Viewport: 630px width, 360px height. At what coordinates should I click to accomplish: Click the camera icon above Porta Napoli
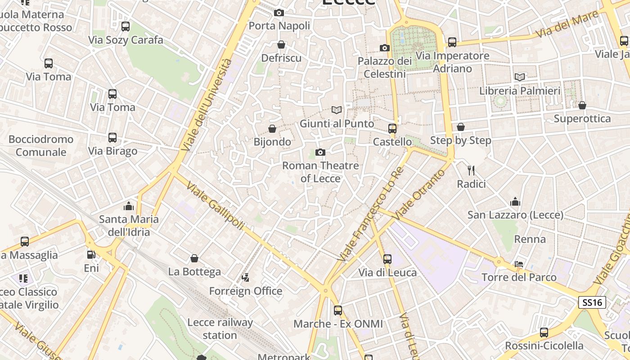pos(279,13)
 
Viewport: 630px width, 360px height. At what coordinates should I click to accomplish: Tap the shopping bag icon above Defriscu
pos(281,45)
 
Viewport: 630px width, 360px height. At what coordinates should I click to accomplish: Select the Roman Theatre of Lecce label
pos(320,172)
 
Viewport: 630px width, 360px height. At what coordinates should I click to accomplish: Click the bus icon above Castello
pos(392,129)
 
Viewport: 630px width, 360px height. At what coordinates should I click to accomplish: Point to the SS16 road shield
pos(592,302)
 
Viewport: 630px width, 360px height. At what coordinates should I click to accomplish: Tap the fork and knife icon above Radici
pos(471,170)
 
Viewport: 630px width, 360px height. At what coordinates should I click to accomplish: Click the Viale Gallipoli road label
pos(215,206)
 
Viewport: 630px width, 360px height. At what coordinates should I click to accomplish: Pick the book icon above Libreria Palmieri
pos(520,77)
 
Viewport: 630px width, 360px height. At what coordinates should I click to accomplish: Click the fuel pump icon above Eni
pos(91,254)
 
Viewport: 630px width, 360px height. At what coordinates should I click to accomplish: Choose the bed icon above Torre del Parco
pos(519,264)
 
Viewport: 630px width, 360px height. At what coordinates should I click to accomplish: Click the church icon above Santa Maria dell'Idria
pos(129,206)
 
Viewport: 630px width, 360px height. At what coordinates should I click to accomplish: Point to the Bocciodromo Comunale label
pos(40,145)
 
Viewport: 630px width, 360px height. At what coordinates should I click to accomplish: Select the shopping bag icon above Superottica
pos(582,105)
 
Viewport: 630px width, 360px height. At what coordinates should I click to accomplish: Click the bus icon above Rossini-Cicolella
pos(544,333)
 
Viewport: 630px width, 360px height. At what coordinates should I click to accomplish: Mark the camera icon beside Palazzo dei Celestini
pos(384,48)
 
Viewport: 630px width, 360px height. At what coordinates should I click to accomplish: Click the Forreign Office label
pos(246,291)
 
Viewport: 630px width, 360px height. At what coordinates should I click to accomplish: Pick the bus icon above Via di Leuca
pos(387,259)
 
